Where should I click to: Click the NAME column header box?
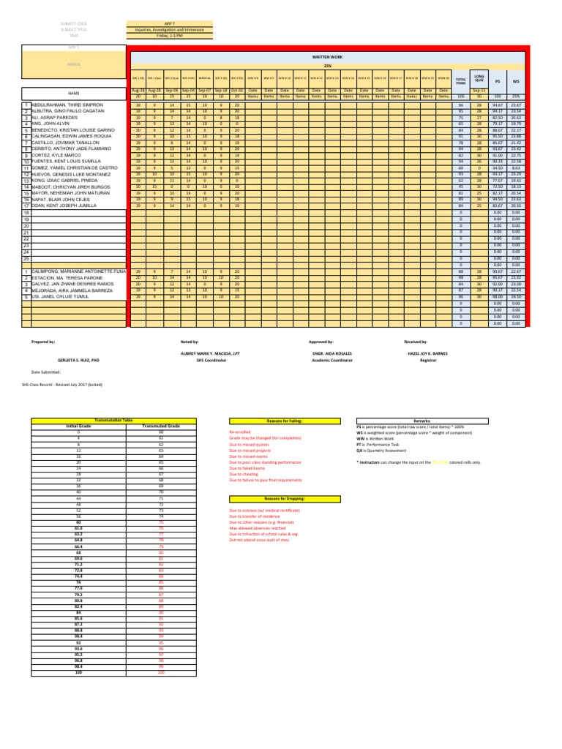point(72,94)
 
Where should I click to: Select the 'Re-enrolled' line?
point(241,432)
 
